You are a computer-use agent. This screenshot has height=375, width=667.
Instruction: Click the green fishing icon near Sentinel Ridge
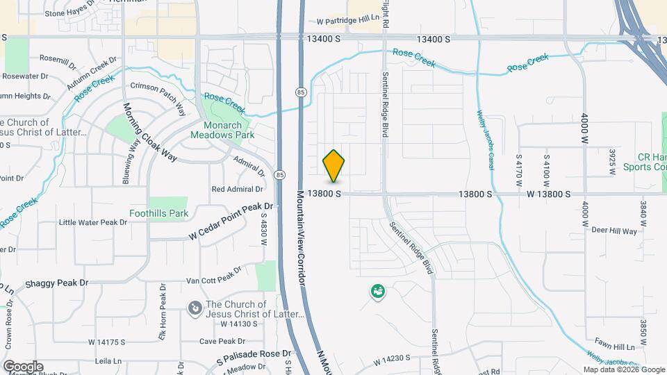378,292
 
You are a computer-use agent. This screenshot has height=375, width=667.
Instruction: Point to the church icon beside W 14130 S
195,307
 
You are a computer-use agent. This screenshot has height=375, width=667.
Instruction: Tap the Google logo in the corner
22,366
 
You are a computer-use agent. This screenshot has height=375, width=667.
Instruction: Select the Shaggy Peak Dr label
57,283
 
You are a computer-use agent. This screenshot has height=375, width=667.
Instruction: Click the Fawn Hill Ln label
614,347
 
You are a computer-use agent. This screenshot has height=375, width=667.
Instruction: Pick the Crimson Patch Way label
158,95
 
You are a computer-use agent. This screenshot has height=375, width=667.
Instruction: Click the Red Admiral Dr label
237,188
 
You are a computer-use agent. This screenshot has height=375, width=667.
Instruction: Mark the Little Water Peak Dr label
93,222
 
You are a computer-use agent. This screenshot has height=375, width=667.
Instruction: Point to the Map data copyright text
623,369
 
